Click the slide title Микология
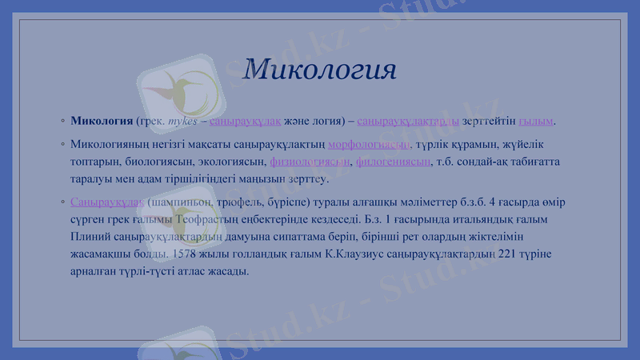pyautogui.click(x=320, y=70)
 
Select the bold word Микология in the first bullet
pyautogui.click(x=102, y=122)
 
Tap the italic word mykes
pyautogui.click(x=182, y=122)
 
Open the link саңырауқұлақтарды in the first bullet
pyautogui.click(x=408, y=122)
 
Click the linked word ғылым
pyautogui.click(x=536, y=122)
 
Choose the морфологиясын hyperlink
pyautogui.click(x=369, y=144)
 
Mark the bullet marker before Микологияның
pyautogui.click(x=62, y=145)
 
